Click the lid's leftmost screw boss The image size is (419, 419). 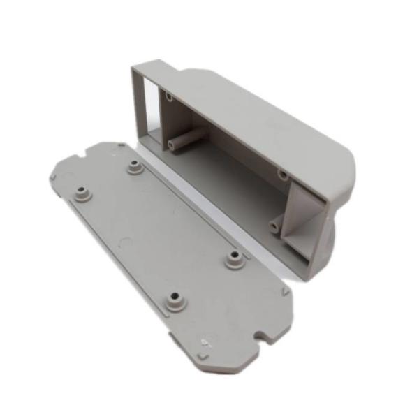tap(83, 190)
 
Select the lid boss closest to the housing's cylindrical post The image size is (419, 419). tap(133, 166)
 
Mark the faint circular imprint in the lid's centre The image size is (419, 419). tap(126, 244)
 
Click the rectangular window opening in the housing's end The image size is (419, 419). tap(148, 112)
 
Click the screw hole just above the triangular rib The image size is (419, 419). tap(283, 173)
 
